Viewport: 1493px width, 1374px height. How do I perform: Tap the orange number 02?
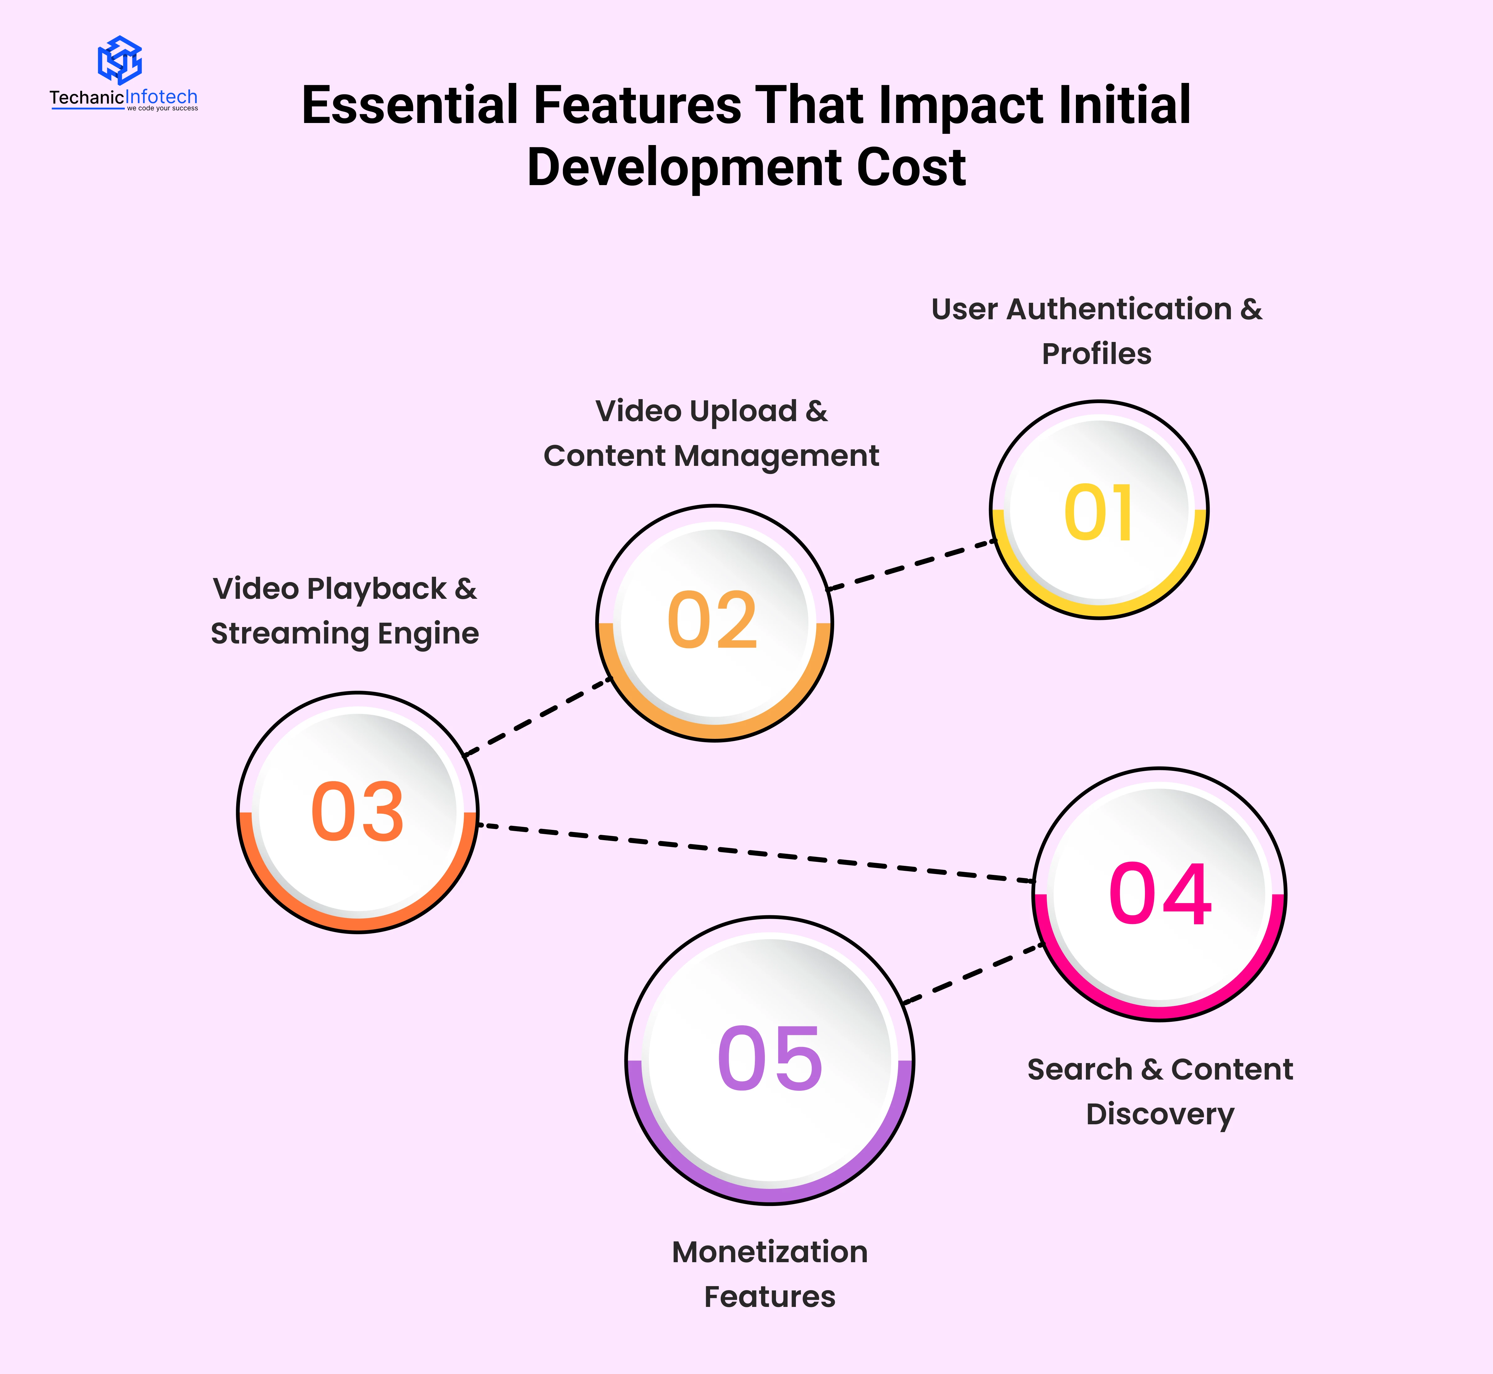click(x=713, y=621)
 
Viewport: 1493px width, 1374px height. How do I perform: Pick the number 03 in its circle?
click(x=358, y=812)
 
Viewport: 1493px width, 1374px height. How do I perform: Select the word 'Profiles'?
click(x=1096, y=354)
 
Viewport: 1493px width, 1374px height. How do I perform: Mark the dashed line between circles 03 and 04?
click(x=756, y=853)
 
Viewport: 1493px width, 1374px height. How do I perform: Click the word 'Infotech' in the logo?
click(x=161, y=97)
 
